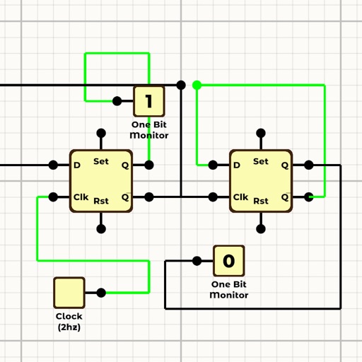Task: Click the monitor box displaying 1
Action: pos(149,101)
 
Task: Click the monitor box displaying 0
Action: pos(228,261)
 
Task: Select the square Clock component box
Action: pos(69,292)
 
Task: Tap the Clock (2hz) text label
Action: pos(69,322)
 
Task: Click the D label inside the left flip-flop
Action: pos(77,165)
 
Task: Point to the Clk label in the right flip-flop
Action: pos(240,197)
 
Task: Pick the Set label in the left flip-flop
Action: pos(101,161)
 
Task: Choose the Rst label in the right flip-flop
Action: pos(261,201)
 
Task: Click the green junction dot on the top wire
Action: pos(197,85)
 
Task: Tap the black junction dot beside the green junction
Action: pos(181,85)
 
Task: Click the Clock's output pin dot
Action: pos(101,292)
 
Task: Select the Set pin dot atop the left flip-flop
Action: pos(101,133)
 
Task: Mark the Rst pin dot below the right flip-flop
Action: pos(261,228)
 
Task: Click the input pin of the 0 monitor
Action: pos(197,261)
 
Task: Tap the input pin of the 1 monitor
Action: pos(117,101)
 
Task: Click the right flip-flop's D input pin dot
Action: pos(213,165)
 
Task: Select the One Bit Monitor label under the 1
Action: pos(149,129)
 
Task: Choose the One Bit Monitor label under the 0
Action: pos(228,290)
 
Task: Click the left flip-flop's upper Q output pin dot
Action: pos(149,165)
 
